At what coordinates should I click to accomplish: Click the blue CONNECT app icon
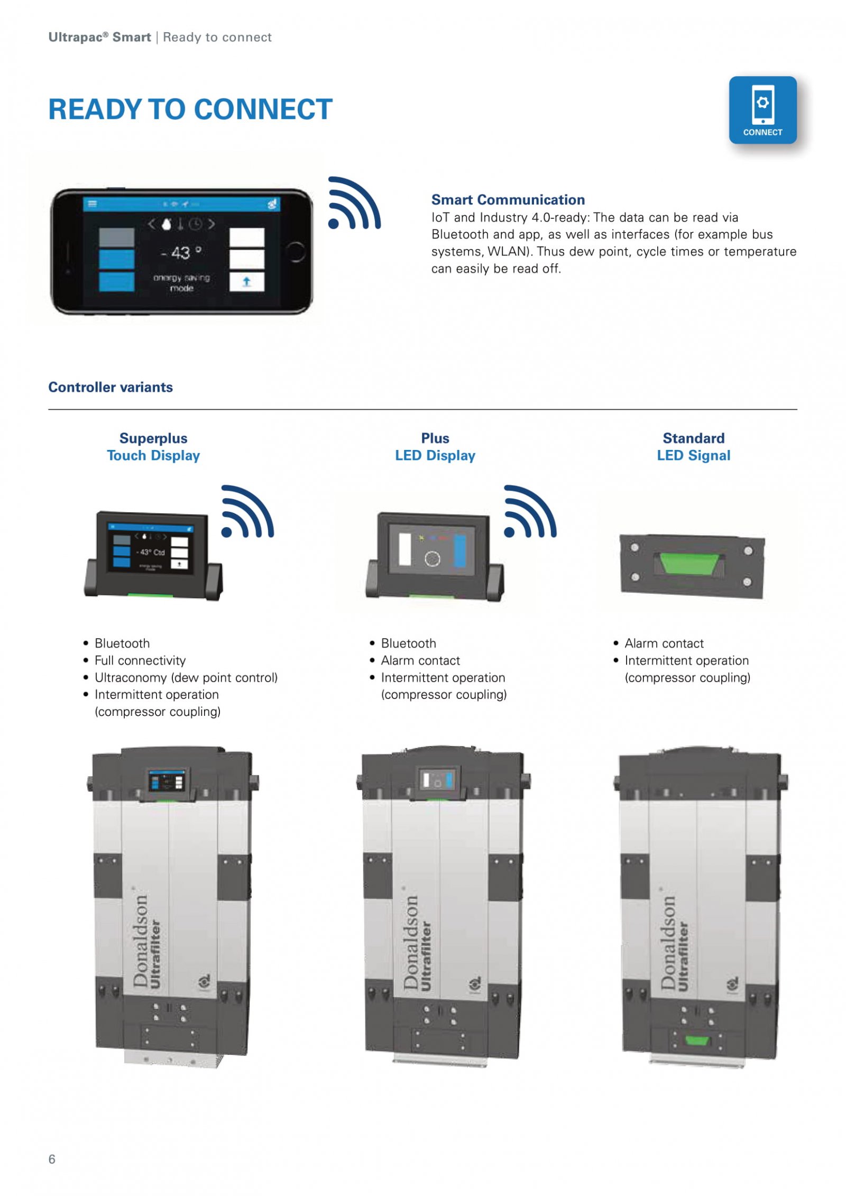762,110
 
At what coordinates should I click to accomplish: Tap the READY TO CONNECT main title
190,109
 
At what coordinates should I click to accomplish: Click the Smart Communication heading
508,199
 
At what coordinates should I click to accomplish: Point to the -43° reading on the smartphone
180,253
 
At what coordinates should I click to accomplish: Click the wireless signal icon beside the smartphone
353,204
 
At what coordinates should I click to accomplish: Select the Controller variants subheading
111,387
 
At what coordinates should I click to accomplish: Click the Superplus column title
153,438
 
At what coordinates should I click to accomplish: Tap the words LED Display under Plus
435,455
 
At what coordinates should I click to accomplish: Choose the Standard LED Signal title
693,447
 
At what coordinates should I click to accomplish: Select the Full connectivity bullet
140,660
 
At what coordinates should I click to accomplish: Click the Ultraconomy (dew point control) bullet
186,677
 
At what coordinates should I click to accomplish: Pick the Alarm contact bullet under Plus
420,660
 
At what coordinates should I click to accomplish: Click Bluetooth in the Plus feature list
408,643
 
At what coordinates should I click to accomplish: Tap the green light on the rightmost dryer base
696,1041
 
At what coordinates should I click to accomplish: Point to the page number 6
52,1159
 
